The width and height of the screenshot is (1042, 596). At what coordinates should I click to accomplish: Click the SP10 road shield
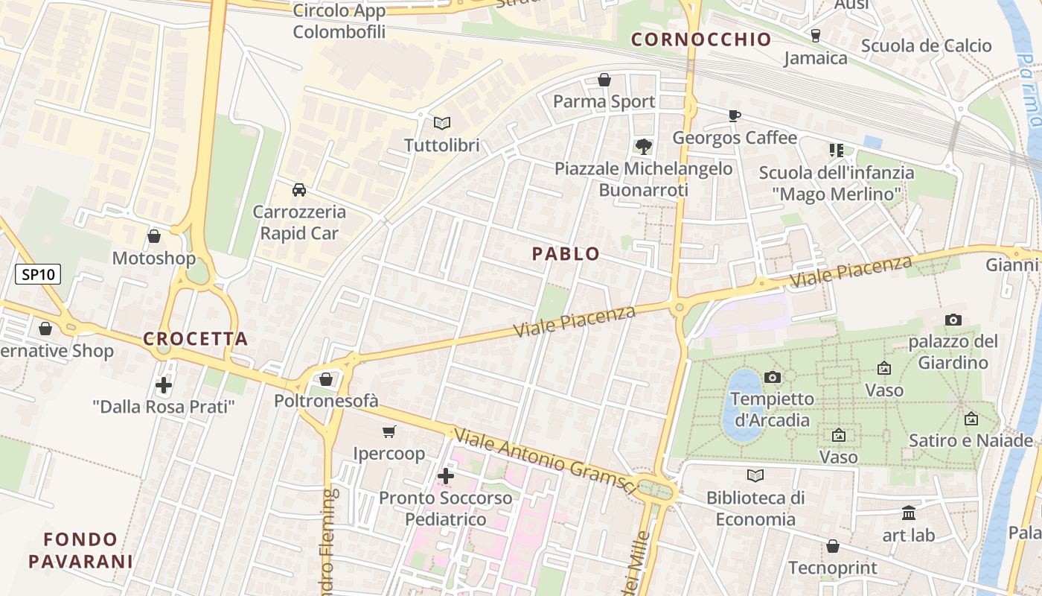click(x=38, y=274)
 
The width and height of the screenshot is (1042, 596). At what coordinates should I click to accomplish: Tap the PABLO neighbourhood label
click(x=566, y=254)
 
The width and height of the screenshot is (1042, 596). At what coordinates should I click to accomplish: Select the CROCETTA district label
click(x=195, y=339)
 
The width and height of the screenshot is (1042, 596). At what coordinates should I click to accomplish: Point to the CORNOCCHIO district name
click(x=701, y=40)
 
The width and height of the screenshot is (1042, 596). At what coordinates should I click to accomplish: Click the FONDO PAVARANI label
click(x=80, y=550)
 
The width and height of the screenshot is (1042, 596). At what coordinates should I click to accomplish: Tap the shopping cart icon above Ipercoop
click(x=389, y=432)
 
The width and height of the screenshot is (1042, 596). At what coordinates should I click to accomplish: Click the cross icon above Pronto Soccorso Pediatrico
click(x=446, y=476)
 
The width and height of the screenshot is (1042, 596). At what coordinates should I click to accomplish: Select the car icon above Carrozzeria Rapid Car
click(x=299, y=190)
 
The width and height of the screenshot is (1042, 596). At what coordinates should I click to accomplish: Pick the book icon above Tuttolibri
click(x=442, y=123)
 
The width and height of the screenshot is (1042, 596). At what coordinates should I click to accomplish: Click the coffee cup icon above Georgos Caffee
click(x=735, y=115)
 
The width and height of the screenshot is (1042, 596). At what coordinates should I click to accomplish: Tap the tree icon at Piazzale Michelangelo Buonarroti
click(x=643, y=147)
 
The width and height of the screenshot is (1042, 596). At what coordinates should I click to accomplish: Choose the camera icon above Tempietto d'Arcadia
click(x=773, y=377)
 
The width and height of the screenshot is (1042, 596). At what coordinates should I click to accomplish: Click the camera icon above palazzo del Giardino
click(x=953, y=320)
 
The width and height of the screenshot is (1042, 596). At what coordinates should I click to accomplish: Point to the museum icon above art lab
click(x=909, y=513)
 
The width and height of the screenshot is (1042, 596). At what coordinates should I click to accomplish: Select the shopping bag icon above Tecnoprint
click(x=833, y=547)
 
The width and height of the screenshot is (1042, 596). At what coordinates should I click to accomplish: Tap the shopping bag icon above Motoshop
click(x=154, y=237)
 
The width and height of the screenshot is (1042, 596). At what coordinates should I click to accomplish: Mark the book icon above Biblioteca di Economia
click(x=755, y=475)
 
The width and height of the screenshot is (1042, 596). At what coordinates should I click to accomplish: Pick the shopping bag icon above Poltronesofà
click(x=326, y=379)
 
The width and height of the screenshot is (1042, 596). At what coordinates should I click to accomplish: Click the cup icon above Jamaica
click(x=815, y=36)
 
